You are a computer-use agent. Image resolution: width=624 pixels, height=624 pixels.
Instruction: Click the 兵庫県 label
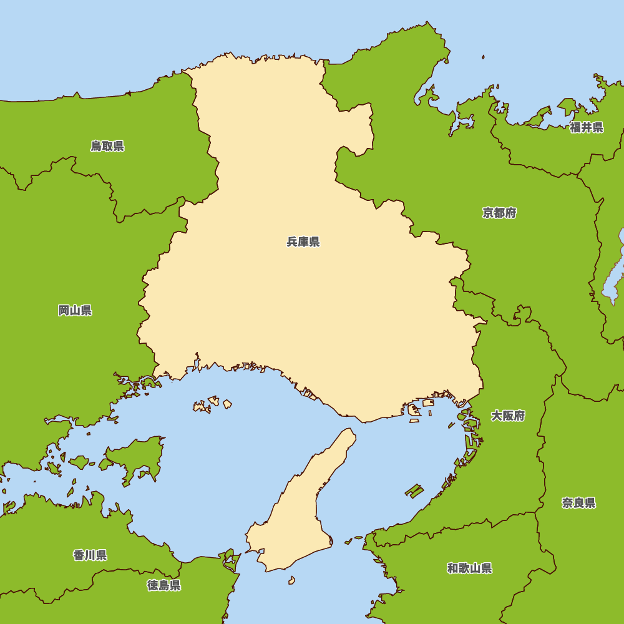(x=303, y=242)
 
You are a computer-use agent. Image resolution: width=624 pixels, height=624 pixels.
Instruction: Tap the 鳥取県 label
(x=107, y=147)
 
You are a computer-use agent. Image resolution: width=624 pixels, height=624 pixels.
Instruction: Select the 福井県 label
(x=587, y=128)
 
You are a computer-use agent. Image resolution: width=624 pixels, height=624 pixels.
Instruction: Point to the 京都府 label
(x=499, y=213)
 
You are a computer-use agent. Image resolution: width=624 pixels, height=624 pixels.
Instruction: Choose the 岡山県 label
(x=75, y=311)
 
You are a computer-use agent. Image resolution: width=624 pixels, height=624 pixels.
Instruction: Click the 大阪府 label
(x=508, y=416)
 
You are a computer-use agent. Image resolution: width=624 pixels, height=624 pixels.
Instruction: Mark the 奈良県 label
(x=578, y=504)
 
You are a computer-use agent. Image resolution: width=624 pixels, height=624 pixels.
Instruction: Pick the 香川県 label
(x=90, y=555)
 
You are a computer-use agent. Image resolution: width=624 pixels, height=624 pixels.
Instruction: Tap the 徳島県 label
(x=164, y=585)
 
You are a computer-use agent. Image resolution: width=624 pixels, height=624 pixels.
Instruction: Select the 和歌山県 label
(x=469, y=568)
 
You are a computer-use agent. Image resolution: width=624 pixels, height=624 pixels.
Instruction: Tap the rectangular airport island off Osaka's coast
(x=414, y=490)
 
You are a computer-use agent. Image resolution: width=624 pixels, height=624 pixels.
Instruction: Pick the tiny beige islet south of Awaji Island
(x=291, y=580)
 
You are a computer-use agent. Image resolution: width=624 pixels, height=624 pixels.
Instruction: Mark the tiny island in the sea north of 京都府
(x=483, y=57)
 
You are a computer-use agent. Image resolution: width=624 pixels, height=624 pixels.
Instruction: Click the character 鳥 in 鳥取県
(x=96, y=147)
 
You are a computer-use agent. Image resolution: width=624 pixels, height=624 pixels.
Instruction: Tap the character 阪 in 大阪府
(x=508, y=416)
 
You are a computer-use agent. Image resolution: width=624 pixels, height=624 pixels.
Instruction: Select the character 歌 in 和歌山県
(x=464, y=568)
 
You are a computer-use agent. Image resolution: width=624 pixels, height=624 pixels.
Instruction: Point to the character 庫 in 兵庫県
(x=303, y=242)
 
